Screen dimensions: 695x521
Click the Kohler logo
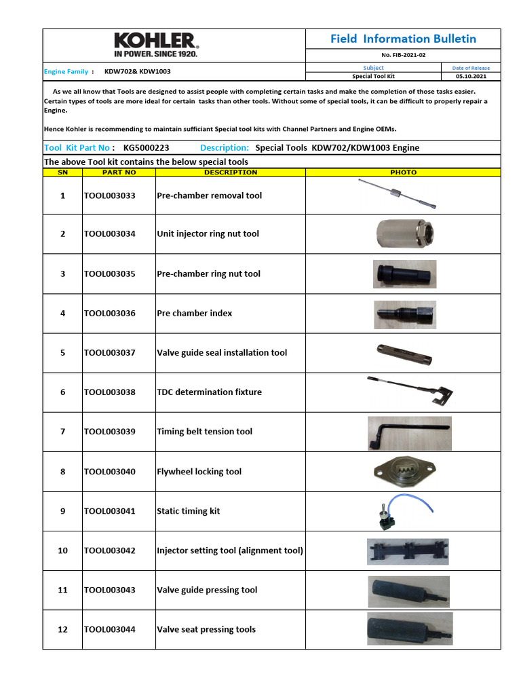[155, 45]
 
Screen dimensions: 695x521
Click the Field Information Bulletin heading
[403, 39]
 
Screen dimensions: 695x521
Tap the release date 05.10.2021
[471, 77]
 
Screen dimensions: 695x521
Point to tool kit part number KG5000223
[147, 148]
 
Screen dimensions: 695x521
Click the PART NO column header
[119, 172]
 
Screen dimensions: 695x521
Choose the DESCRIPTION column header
[231, 172]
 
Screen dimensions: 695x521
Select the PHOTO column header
[403, 172]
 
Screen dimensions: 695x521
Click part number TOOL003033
[110, 195]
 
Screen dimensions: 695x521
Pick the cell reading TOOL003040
[110, 472]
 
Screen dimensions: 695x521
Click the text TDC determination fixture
[209, 392]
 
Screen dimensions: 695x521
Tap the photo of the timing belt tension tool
[408, 432]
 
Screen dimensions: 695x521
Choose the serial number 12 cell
[62, 630]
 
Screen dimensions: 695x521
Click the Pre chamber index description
[194, 314]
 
